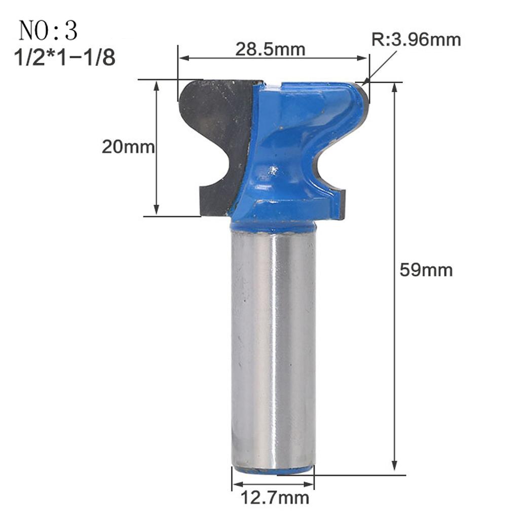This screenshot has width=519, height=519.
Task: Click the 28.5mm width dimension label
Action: [270, 50]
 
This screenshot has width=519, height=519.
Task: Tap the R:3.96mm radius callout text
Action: [417, 40]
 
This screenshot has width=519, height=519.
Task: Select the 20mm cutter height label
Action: [128, 147]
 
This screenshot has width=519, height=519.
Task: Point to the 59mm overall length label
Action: [426, 270]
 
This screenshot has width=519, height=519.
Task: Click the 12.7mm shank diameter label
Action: [274, 498]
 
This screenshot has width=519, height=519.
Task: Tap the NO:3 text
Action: [48, 31]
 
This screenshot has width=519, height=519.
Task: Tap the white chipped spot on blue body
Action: [274, 171]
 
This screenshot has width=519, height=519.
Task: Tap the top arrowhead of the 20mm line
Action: [157, 86]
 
